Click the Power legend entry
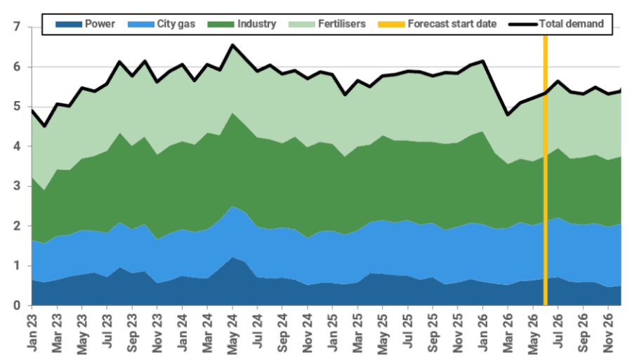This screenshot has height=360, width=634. tap(86, 24)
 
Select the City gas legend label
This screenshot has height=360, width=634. tap(176, 24)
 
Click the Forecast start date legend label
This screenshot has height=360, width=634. tap(452, 24)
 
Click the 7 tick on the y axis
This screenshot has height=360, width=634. tap(17, 27)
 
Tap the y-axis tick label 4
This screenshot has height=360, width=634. tap(17, 146)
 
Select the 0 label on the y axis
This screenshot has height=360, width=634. tap(17, 305)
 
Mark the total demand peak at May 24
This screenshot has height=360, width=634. tap(232, 45)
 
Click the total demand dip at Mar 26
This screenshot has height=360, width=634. tap(508, 115)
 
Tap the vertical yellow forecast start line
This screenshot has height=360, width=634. tap(546, 170)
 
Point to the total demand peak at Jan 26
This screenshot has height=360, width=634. tap(483, 61)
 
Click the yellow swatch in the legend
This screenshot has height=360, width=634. tap(391, 25)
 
